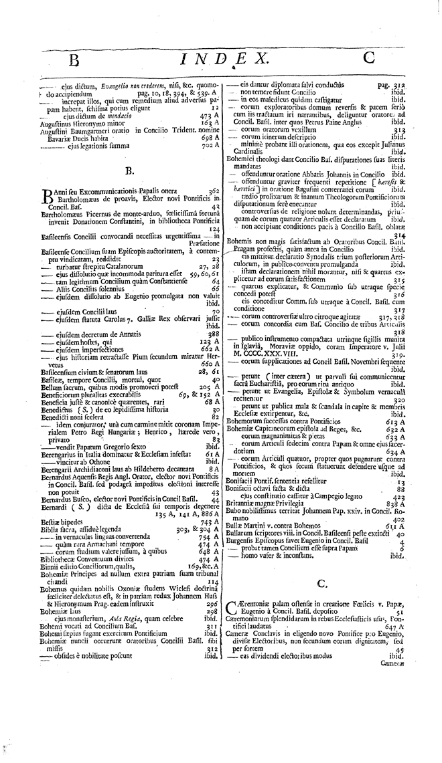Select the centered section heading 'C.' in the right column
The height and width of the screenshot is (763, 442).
click(321, 583)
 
